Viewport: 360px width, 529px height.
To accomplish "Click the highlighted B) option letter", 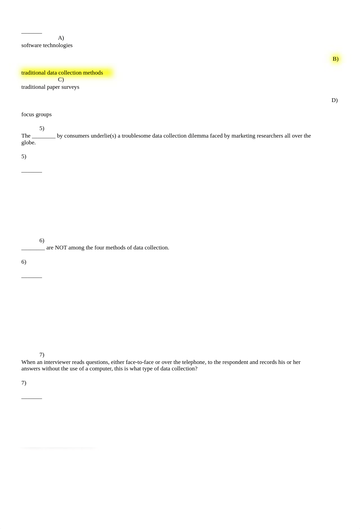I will [335, 59].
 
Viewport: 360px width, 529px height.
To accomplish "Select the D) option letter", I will [334, 100].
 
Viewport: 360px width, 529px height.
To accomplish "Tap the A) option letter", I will [61, 38].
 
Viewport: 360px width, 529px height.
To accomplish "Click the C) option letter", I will [61, 80].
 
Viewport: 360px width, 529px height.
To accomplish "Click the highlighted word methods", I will [93, 73].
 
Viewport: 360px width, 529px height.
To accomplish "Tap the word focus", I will [28, 115].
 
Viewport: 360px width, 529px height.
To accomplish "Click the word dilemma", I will [198, 136].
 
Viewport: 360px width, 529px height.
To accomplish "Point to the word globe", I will [28, 143].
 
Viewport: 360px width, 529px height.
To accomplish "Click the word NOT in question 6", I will [61, 248].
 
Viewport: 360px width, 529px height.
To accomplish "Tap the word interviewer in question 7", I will [58, 362].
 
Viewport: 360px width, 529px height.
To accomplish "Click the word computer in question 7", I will [100, 369].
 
